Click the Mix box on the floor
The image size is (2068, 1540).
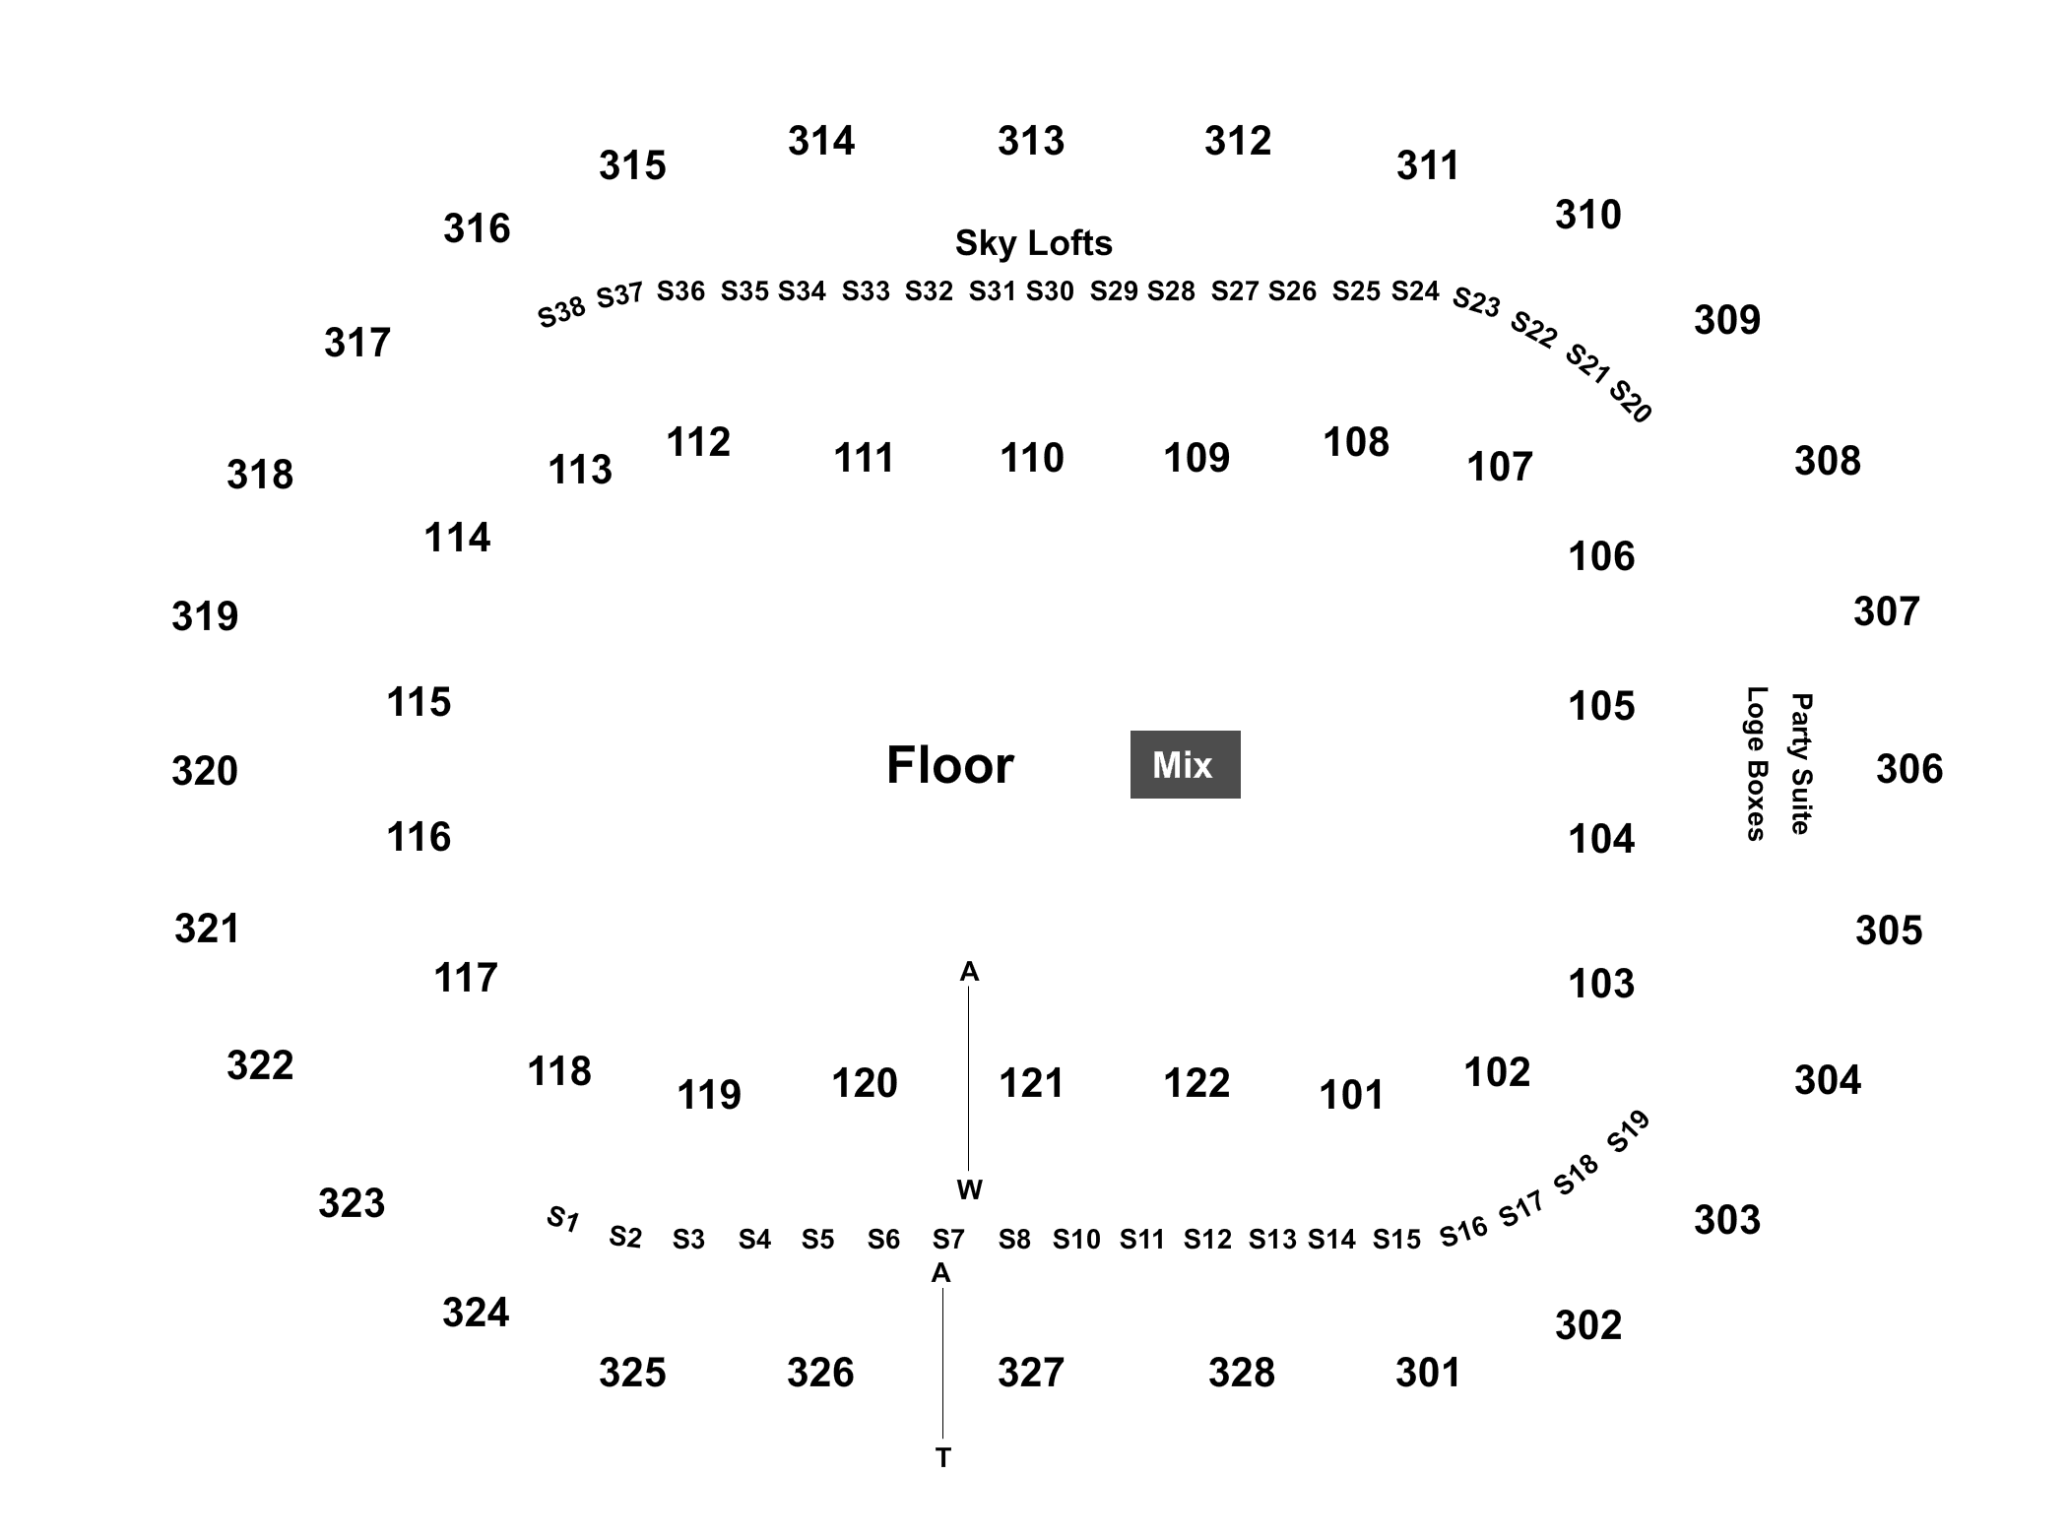1185,764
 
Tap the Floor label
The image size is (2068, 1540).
949,765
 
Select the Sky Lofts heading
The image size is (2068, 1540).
1034,243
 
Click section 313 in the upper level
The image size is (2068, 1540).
1031,141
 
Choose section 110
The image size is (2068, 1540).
1032,458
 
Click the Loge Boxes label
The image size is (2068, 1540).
1756,764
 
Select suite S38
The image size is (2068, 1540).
561,312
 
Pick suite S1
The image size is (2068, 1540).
562,1219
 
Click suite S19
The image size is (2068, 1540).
1628,1131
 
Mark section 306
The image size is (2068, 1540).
1909,769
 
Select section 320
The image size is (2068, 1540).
205,771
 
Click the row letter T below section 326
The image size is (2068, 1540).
943,1458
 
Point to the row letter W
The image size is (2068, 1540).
969,1190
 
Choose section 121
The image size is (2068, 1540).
1031,1083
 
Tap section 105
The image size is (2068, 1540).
1601,706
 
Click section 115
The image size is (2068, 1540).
419,702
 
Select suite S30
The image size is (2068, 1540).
1050,291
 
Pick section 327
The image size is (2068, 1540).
1031,1373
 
